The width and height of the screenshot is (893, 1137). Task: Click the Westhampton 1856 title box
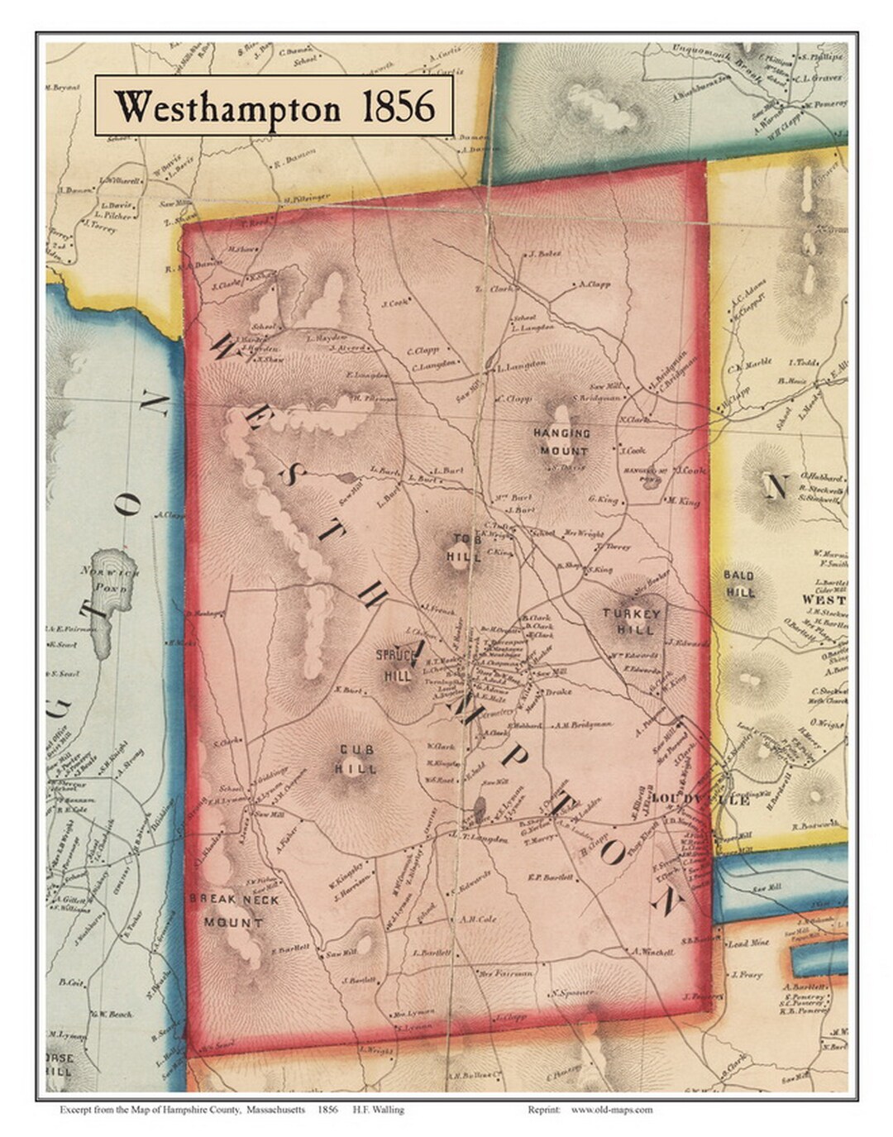tap(274, 106)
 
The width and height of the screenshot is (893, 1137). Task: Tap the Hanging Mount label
tap(561, 442)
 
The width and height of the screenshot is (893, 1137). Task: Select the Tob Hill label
tap(465, 548)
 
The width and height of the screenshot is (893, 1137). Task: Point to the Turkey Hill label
tap(632, 621)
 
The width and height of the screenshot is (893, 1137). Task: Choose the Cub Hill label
tap(357, 759)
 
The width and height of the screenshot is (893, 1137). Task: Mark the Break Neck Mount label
tap(234, 910)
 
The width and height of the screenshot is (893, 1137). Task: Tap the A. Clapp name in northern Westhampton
tap(595, 284)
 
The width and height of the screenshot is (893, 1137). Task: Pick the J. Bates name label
tap(546, 254)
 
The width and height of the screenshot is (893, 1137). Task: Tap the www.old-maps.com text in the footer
tap(611, 1110)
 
